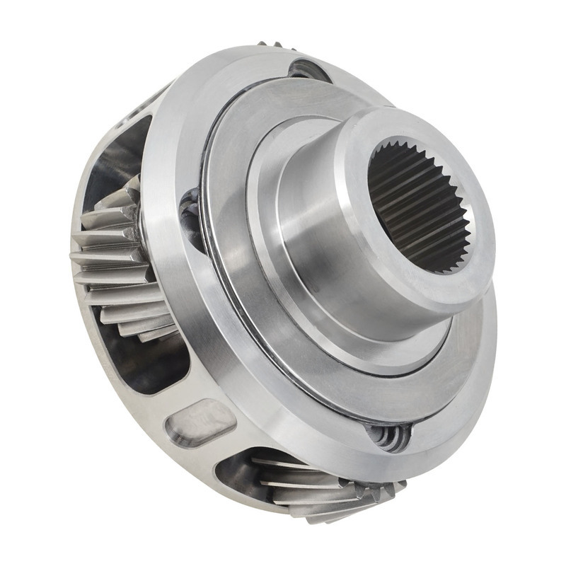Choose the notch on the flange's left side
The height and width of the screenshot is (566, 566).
192,212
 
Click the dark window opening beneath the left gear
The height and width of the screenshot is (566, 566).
152,368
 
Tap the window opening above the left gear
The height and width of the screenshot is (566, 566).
117,166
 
